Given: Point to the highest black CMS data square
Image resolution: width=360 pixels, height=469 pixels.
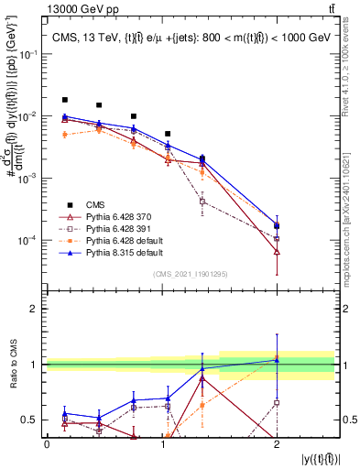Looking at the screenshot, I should tap(65, 100).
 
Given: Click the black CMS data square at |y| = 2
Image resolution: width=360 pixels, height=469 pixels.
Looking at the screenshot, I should tap(277, 225).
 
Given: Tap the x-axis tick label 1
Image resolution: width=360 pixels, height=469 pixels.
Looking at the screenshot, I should tap(161, 443).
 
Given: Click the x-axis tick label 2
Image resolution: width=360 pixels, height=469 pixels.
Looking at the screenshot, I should tap(277, 443).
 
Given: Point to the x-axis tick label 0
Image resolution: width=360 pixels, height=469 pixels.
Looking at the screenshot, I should tap(47, 443).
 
